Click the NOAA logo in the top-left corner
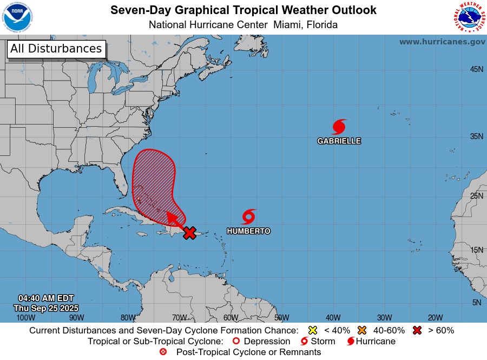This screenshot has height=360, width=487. click(x=17, y=17)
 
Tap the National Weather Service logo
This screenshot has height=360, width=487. click(x=469, y=17)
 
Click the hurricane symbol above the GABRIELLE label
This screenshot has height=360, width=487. click(x=339, y=127)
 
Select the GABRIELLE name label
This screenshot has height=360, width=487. click(x=339, y=141)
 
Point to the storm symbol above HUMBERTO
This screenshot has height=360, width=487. click(x=248, y=217)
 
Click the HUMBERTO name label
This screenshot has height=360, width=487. click(x=248, y=231)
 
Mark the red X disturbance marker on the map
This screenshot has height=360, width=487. click(x=189, y=233)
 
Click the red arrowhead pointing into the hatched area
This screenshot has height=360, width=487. click(x=172, y=217)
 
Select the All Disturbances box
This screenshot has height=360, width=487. click(x=56, y=49)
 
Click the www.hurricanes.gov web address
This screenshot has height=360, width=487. click(x=442, y=42)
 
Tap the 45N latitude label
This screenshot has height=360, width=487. click(x=476, y=69)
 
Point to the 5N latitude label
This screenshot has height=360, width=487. click(x=476, y=303)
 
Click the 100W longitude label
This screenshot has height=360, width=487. click(x=22, y=318)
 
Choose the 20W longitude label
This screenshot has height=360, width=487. click(x=435, y=318)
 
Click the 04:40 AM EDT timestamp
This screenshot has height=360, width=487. click(x=46, y=298)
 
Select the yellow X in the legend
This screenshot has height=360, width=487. click(x=312, y=330)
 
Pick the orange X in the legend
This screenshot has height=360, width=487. click(x=362, y=330)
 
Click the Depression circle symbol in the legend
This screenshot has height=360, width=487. click(x=235, y=341)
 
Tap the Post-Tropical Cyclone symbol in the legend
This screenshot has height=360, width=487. click(x=163, y=352)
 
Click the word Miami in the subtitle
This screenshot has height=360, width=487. click(x=287, y=25)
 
